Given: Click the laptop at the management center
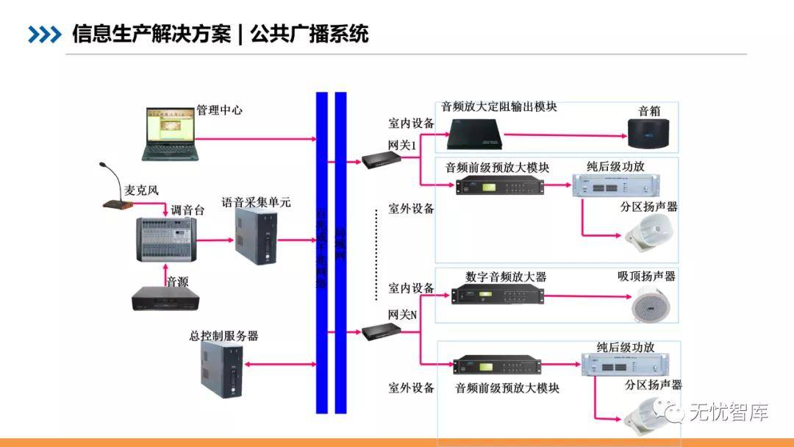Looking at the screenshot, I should click(x=171, y=134).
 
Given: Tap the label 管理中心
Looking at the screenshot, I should click(x=219, y=110).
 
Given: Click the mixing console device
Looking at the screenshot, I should click(x=166, y=239).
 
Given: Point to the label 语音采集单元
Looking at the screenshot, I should click(x=257, y=201).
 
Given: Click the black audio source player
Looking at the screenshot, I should click(x=166, y=298).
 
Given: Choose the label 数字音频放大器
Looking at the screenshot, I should click(x=506, y=277).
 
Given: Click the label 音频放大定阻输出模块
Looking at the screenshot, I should click(x=499, y=107).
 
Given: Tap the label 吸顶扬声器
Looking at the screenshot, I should click(x=646, y=276).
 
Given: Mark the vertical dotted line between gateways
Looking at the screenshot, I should click(x=376, y=254).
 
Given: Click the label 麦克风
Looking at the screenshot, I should click(x=141, y=190).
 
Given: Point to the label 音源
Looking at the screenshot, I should click(x=178, y=282).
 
